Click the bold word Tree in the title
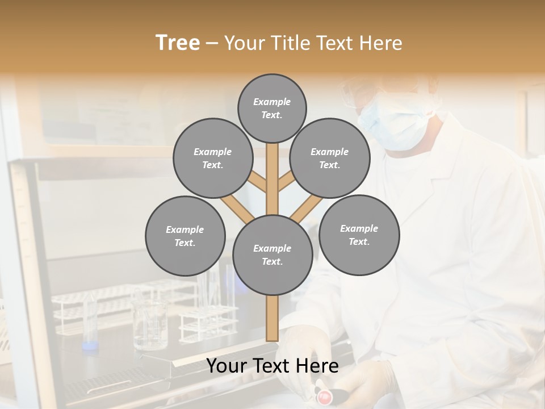[178, 43]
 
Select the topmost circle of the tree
[272, 108]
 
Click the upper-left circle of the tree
[213, 158]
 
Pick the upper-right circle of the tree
[330, 158]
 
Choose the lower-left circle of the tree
[185, 236]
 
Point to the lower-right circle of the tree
[359, 235]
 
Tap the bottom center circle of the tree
[272, 254]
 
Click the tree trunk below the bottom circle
[272, 318]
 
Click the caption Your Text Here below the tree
[272, 366]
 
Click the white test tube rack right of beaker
[208, 318]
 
